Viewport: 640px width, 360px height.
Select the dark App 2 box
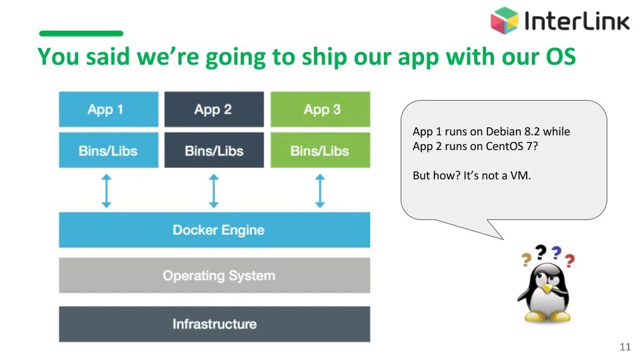pyautogui.click(x=214, y=109)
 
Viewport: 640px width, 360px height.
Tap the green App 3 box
pyautogui.click(x=320, y=109)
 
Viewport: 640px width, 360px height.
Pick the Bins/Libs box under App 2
pyautogui.click(x=214, y=151)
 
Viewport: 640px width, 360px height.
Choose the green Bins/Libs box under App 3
pyautogui.click(x=320, y=151)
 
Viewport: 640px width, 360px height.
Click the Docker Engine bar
pyautogui.click(x=214, y=230)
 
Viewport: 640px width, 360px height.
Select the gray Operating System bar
pyautogui.click(x=214, y=275)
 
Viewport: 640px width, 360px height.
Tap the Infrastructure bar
pyautogui.click(x=214, y=324)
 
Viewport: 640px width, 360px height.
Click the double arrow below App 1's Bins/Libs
pyautogui.click(x=107, y=191)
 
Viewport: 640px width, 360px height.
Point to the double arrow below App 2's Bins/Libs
pyautogui.click(x=213, y=191)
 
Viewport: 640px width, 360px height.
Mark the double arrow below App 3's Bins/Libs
pyautogui.click(x=320, y=191)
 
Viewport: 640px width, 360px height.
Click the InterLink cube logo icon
pyautogui.click(x=505, y=21)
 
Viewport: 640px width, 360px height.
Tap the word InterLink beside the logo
pyautogui.click(x=577, y=21)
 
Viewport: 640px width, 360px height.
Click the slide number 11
pyautogui.click(x=625, y=347)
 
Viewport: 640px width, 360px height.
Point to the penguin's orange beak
pyautogui.click(x=547, y=288)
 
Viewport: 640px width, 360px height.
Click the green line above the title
pyautogui.click(x=81, y=33)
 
